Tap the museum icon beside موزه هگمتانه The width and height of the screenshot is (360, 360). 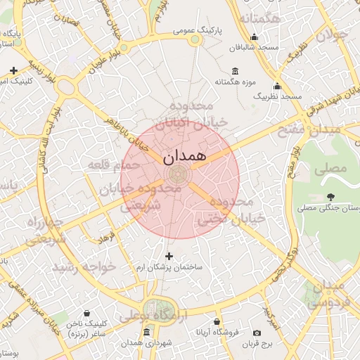[x=235, y=71]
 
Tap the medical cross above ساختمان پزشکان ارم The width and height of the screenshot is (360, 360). [x=168, y=256]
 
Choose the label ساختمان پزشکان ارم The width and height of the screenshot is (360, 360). [x=169, y=268]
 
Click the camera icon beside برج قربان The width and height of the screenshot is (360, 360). [x=257, y=333]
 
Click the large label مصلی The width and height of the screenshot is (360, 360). [x=331, y=169]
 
